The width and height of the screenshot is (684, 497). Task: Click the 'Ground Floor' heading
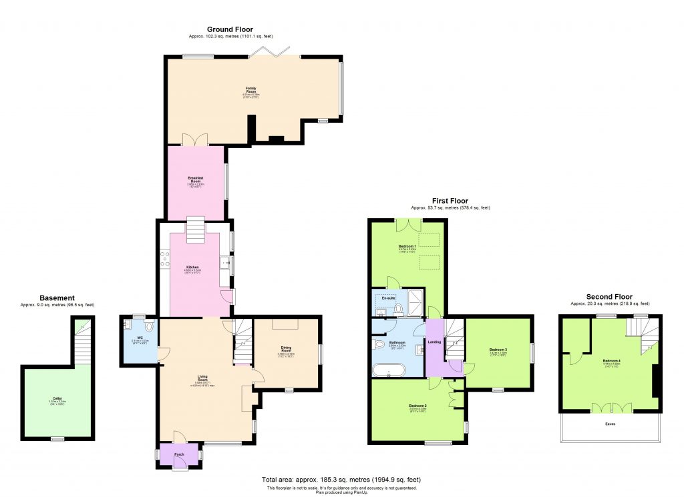230,29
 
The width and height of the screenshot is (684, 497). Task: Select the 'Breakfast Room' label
195,179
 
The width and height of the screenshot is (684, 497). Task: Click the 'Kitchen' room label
192,267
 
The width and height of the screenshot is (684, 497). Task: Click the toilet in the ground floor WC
148,327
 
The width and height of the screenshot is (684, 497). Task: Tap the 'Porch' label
179,454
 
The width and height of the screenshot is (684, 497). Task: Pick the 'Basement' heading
57,298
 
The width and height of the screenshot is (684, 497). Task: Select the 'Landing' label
435,342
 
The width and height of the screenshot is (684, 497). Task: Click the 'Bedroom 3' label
498,350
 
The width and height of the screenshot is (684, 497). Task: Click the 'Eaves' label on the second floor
611,423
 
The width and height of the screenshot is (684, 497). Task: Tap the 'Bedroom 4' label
611,361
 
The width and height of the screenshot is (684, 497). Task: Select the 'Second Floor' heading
609,297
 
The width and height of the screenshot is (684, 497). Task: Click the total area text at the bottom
341,480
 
